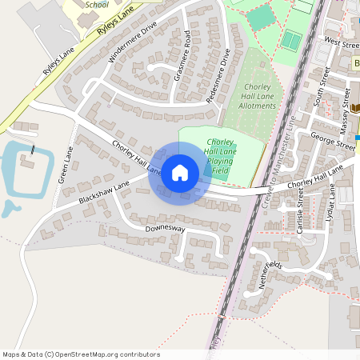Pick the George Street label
tap(332, 141)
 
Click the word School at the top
tap(95, 4)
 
